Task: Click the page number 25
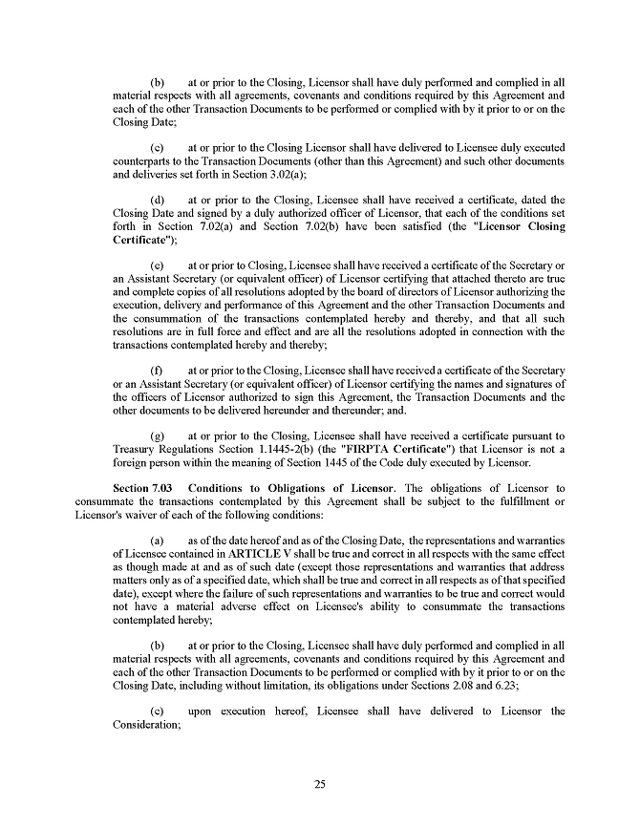click(320, 784)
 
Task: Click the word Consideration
click(146, 725)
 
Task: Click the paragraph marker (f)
click(158, 370)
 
